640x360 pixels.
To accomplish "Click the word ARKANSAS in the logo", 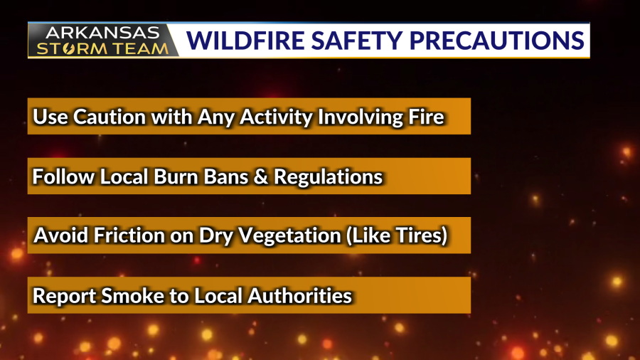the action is (x=102, y=33).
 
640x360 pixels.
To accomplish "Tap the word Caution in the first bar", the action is (x=110, y=117).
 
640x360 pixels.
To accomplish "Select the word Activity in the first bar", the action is (x=276, y=118).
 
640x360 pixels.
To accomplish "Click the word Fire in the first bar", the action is (x=426, y=117).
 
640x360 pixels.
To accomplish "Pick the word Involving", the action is (x=361, y=118).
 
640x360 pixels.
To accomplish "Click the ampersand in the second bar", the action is (x=261, y=176).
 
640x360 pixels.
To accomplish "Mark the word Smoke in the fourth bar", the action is (x=133, y=296).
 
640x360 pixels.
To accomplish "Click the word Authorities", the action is (x=299, y=296).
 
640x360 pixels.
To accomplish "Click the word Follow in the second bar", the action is (x=63, y=176).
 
